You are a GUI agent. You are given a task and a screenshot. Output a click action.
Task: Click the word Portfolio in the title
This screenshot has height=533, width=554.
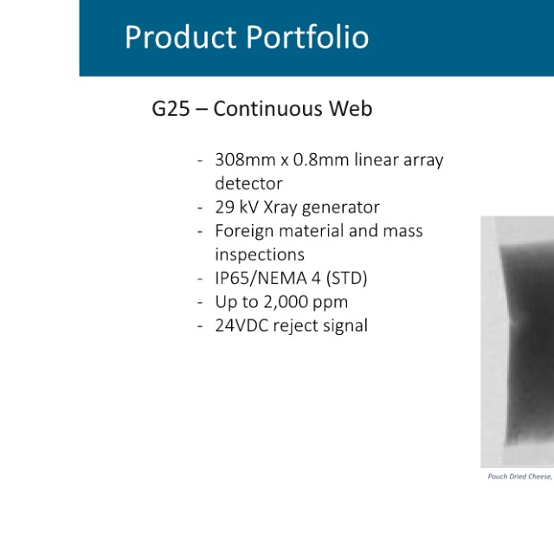tap(307, 36)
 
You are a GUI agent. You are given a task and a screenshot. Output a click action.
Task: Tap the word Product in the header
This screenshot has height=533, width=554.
tap(181, 36)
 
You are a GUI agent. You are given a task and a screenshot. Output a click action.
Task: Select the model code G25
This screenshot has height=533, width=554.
tap(171, 108)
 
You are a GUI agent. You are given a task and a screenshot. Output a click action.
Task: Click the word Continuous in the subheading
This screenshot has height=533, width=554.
tap(267, 108)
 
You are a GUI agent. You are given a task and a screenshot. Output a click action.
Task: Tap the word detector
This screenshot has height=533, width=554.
tap(248, 183)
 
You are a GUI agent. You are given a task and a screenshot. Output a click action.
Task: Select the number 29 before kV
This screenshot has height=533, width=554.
tap(224, 207)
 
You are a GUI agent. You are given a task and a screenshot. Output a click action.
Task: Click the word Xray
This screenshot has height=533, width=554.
tap(280, 208)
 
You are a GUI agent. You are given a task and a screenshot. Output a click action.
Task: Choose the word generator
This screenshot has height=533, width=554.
tap(341, 208)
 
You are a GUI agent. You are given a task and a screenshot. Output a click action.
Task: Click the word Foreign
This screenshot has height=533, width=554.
tap(244, 231)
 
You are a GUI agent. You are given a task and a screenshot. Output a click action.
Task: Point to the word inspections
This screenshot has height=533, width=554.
tap(260, 254)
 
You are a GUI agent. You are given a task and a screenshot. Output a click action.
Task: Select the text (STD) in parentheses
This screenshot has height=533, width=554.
tap(346, 279)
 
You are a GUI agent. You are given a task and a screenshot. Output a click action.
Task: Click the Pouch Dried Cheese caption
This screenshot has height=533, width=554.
tap(520, 477)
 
